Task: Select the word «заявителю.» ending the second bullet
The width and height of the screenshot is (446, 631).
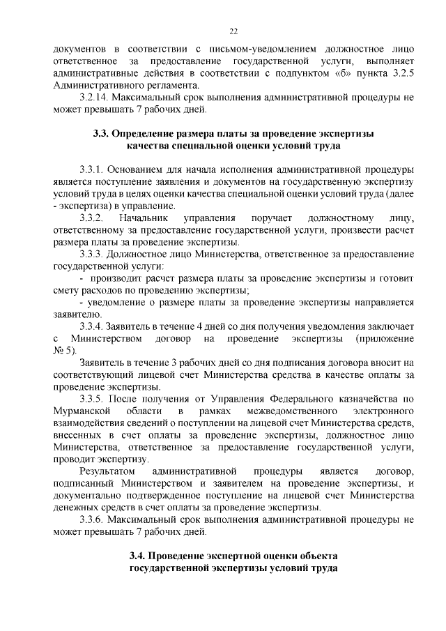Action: tap(75, 314)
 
